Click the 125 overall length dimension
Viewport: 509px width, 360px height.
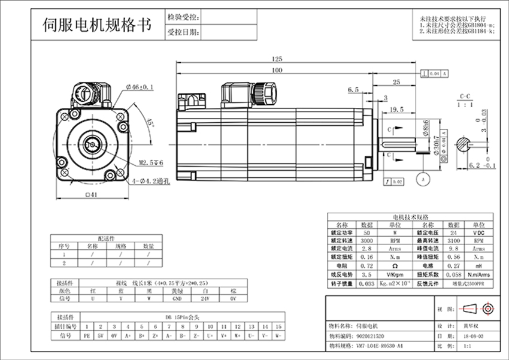click(x=277, y=59)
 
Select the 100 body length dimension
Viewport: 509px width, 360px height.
click(x=277, y=70)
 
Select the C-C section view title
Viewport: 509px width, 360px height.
click(x=465, y=96)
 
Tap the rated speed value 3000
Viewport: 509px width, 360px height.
click(x=366, y=239)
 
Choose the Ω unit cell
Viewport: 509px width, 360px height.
click(x=394, y=265)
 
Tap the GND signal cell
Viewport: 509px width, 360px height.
click(x=177, y=298)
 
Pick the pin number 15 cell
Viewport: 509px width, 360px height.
click(x=264, y=326)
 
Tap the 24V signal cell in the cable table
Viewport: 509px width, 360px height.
click(x=205, y=298)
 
